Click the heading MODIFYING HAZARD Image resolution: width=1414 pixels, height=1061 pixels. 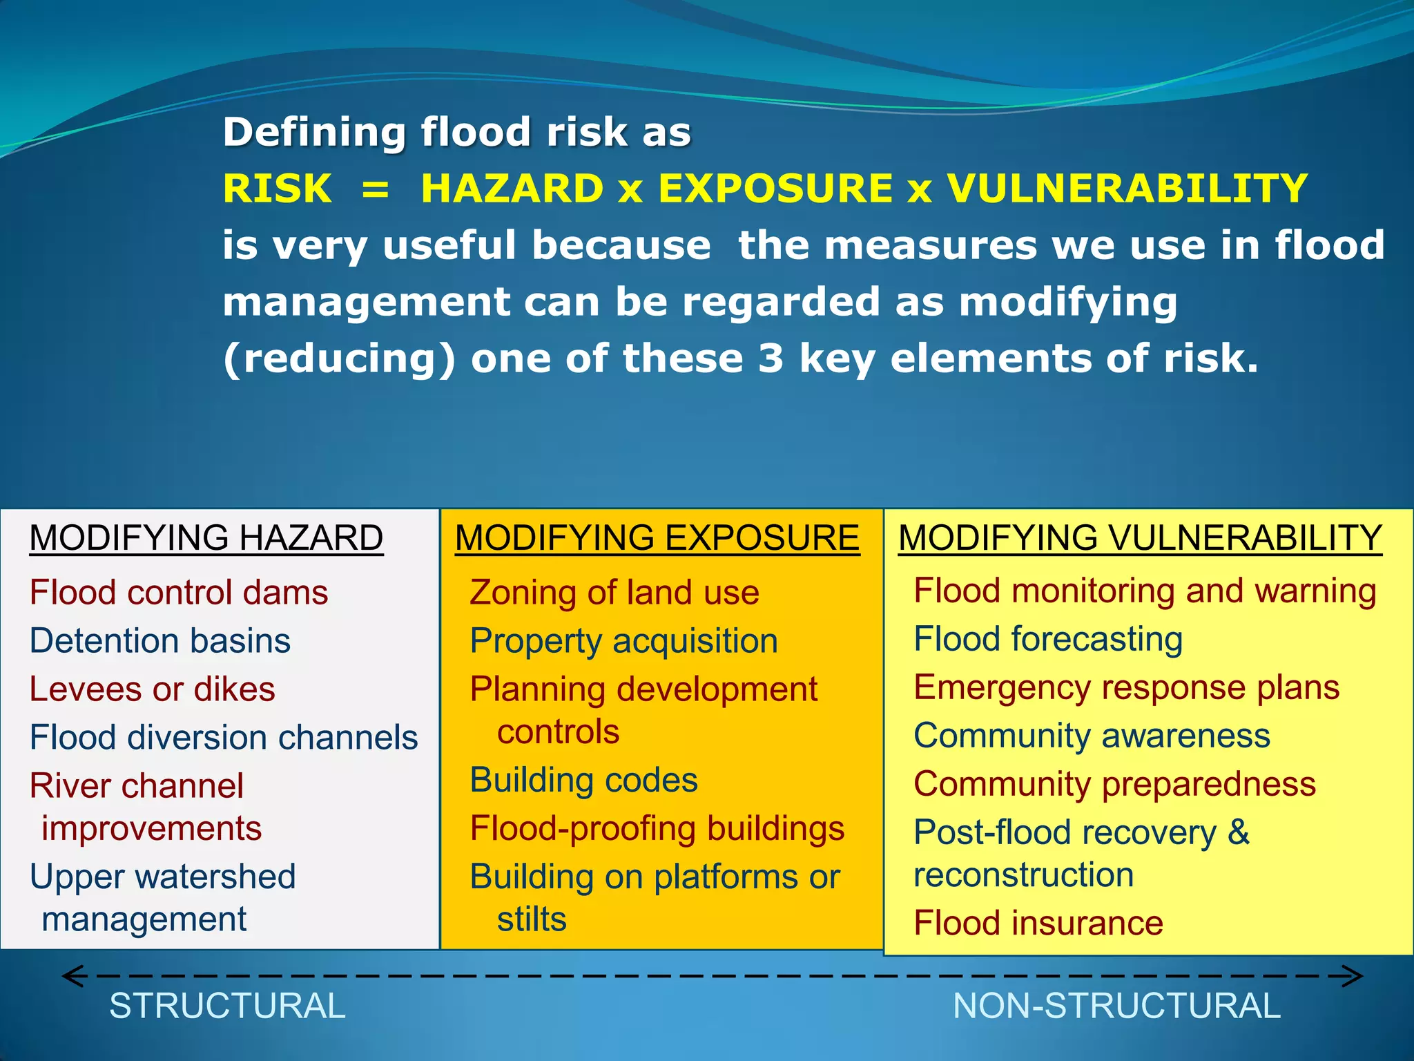click(206, 538)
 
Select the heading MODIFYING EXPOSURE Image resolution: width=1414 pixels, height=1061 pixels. click(657, 538)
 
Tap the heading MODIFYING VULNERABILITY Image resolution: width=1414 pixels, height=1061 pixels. click(1140, 538)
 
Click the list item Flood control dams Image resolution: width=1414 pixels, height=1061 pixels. click(179, 593)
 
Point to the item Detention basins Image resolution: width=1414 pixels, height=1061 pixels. click(160, 641)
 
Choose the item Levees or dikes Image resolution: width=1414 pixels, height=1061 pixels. click(153, 689)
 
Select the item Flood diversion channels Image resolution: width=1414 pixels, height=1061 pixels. click(224, 738)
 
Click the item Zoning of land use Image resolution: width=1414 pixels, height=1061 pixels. click(614, 593)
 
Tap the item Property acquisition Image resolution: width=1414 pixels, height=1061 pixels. click(624, 641)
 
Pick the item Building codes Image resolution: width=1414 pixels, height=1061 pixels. click(584, 781)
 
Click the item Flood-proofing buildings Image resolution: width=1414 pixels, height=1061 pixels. click(657, 829)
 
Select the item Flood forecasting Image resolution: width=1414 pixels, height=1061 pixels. click(1048, 639)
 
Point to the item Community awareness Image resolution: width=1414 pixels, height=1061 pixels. click(1092, 736)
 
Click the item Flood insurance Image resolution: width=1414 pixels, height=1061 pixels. click(1038, 924)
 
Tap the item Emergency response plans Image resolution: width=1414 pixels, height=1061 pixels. click(1126, 687)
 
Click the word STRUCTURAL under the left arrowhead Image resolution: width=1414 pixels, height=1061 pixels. click(227, 1006)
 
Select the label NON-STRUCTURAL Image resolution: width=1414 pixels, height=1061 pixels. click(1116, 1006)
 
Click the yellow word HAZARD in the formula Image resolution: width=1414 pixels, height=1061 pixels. click(512, 189)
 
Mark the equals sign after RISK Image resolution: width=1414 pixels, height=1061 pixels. click(376, 189)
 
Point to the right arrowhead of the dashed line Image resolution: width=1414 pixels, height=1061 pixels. click(1353, 976)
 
